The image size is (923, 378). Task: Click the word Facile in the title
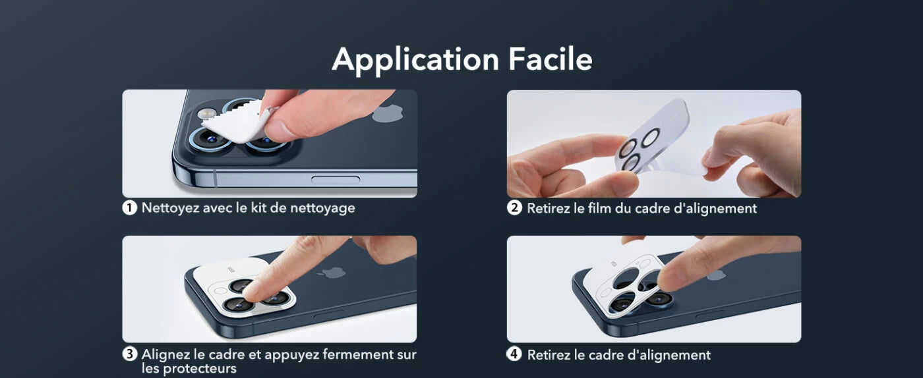[x=550, y=59]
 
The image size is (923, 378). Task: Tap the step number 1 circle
[x=130, y=208]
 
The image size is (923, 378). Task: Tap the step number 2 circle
[x=514, y=208]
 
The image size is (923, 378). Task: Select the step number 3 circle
[x=130, y=354]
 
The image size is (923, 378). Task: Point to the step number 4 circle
[x=514, y=354]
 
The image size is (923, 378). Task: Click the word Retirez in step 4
[x=549, y=355]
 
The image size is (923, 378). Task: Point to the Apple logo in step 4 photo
[x=715, y=273]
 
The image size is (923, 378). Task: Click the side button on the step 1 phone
[x=335, y=180]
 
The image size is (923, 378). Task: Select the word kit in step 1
[x=270, y=208]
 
